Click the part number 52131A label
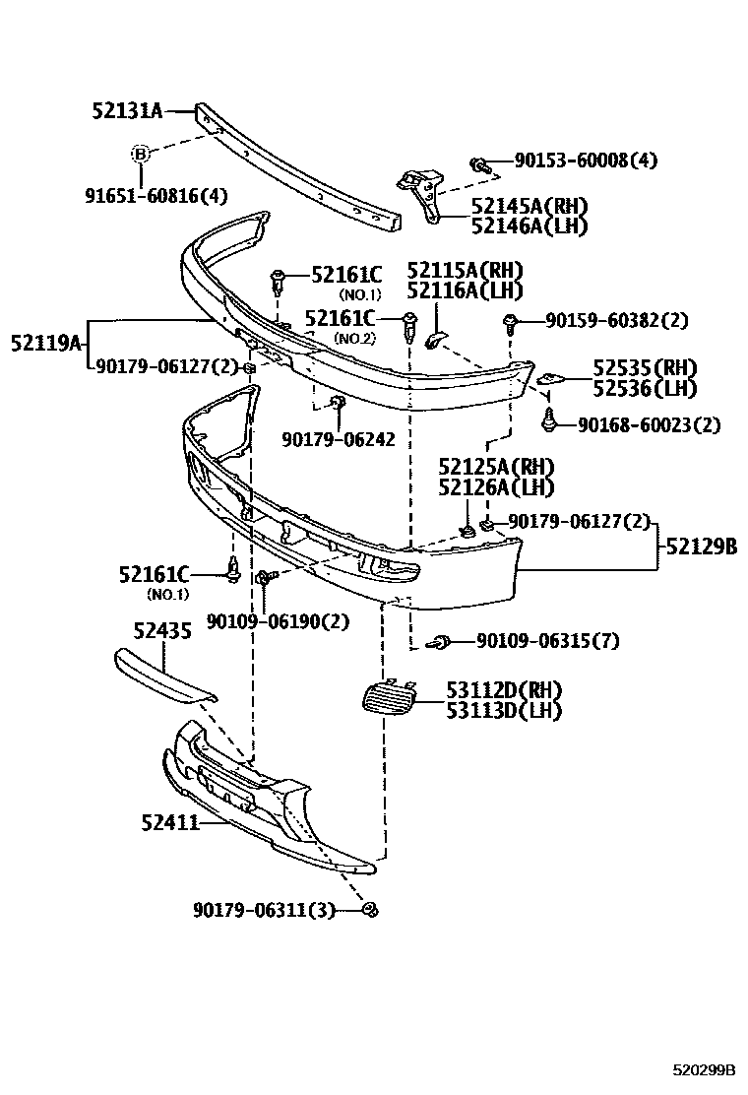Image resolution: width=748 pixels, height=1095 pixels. [x=128, y=111]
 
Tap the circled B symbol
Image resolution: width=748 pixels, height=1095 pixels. [x=141, y=154]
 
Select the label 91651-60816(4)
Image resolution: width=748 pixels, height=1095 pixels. [x=155, y=195]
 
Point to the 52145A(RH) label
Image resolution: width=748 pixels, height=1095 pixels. [x=529, y=207]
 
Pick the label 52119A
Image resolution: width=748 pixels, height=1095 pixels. [x=44, y=343]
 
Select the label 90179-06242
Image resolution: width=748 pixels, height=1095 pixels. [x=338, y=439]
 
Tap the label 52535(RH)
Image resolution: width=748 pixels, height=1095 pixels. [x=644, y=368]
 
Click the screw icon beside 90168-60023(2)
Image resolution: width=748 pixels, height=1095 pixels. [x=548, y=422]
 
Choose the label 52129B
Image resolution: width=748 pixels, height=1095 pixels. [x=702, y=546]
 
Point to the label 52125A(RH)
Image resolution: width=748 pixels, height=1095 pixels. [x=496, y=466]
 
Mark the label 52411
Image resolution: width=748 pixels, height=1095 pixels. [x=167, y=820]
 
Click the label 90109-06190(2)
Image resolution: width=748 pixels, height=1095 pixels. [x=278, y=620]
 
